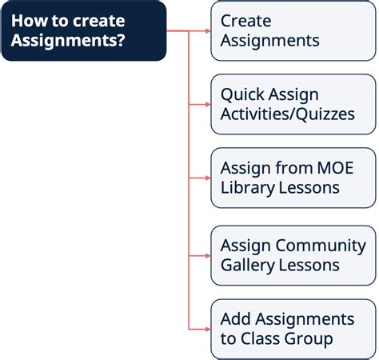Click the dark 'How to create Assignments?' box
(x=84, y=31)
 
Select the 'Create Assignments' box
(x=293, y=31)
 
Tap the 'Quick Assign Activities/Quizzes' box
(x=293, y=104)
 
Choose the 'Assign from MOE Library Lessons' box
(x=293, y=178)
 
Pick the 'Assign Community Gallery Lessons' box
(x=293, y=255)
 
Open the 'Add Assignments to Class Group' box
(x=293, y=329)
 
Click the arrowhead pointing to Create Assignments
(x=208, y=31)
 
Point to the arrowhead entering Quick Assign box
(x=208, y=104)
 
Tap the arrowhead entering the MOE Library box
(x=208, y=178)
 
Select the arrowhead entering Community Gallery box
(x=208, y=256)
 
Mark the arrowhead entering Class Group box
(x=208, y=329)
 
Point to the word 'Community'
(x=321, y=246)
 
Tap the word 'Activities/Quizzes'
(x=288, y=114)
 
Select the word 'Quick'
(x=241, y=94)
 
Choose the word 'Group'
(x=309, y=339)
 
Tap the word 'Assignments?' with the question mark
(x=68, y=41)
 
